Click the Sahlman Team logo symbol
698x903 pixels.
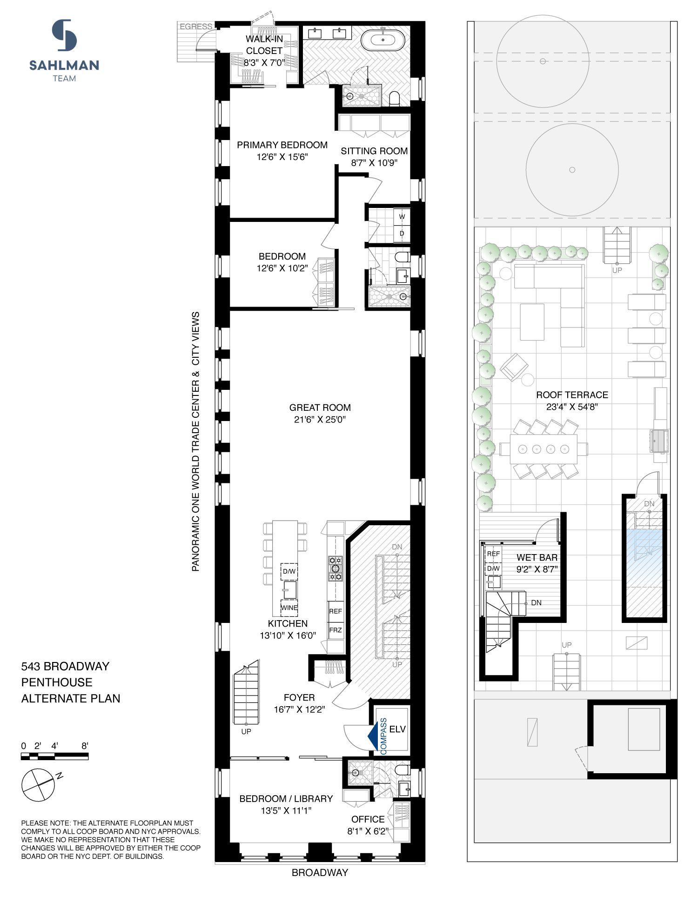[64, 35]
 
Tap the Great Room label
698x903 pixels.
[320, 408]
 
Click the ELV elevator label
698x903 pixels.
[397, 729]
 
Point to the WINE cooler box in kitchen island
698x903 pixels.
[289, 608]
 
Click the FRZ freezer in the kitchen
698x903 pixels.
[336, 630]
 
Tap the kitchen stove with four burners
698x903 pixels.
[336, 568]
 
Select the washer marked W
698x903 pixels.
[402, 217]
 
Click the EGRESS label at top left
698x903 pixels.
[196, 27]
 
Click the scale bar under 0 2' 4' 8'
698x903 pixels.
[54, 756]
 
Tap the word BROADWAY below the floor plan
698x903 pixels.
[320, 873]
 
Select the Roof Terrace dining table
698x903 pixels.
[543, 449]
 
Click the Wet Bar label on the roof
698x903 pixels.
[537, 557]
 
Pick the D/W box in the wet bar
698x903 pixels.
[493, 569]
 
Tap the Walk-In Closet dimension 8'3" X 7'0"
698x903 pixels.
[264, 62]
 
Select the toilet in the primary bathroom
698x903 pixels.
[394, 98]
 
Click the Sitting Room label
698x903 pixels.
[374, 151]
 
